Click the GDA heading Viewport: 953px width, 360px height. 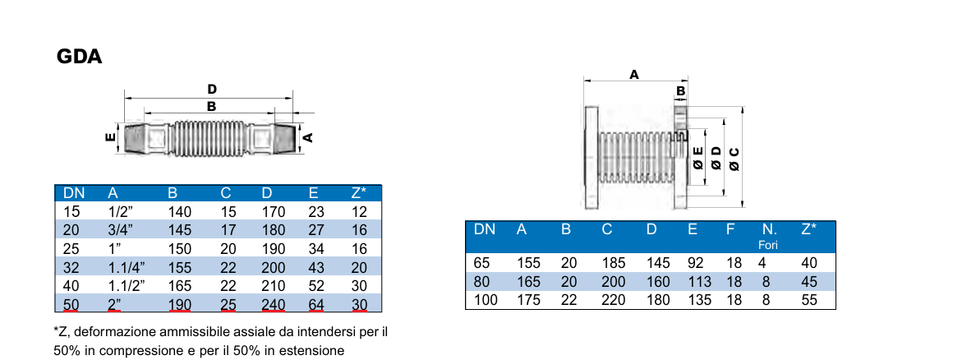pyautogui.click(x=79, y=58)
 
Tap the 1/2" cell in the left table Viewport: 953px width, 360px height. pyautogui.click(x=121, y=212)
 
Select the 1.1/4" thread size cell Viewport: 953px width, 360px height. pyautogui.click(x=127, y=267)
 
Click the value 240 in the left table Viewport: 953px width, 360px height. pyautogui.click(x=273, y=304)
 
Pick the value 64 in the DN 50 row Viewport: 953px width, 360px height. pyautogui.click(x=316, y=304)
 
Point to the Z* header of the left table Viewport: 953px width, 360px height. pyautogui.click(x=359, y=193)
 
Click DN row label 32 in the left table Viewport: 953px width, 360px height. pyautogui.click(x=71, y=267)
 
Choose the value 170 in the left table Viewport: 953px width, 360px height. pyautogui.click(x=273, y=212)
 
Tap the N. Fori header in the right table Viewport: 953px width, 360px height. pyautogui.click(x=769, y=236)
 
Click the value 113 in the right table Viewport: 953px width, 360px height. pyautogui.click(x=697, y=282)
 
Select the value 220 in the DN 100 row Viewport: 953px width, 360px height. pyautogui.click(x=613, y=300)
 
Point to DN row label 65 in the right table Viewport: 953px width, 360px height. pyautogui.click(x=482, y=264)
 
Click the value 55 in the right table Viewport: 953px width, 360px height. pyautogui.click(x=809, y=300)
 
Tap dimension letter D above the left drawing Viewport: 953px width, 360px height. pyautogui.click(x=212, y=89)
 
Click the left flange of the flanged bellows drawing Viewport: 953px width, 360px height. pyautogui.click(x=591, y=158)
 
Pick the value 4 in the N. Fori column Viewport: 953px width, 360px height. pyautogui.click(x=762, y=264)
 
